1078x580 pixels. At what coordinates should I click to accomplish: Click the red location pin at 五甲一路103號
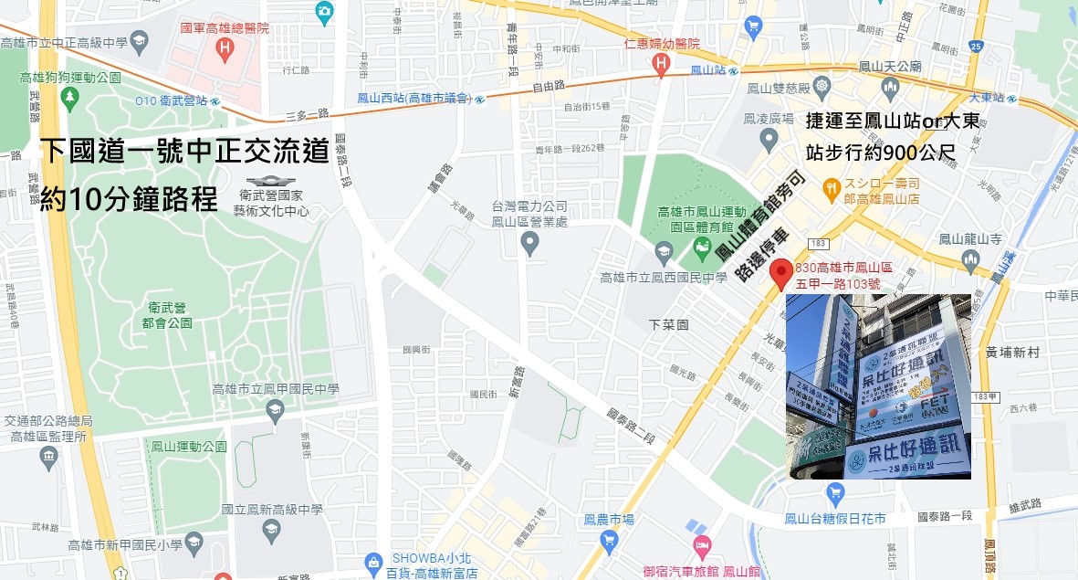click(x=780, y=272)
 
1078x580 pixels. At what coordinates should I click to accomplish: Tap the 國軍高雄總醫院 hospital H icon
click(x=225, y=47)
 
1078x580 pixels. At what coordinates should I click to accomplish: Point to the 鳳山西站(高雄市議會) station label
click(x=413, y=98)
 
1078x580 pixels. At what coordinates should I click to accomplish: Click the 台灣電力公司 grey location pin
click(x=529, y=243)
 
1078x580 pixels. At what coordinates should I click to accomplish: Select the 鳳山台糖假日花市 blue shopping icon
click(x=834, y=494)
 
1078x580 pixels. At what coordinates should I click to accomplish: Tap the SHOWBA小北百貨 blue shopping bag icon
click(x=372, y=563)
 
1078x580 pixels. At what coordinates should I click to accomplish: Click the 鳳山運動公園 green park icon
click(x=153, y=447)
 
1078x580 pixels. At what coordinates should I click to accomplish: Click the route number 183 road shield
click(x=818, y=242)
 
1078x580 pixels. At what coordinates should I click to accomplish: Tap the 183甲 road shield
click(x=982, y=395)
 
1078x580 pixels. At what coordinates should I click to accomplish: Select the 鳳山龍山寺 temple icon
click(x=970, y=261)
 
